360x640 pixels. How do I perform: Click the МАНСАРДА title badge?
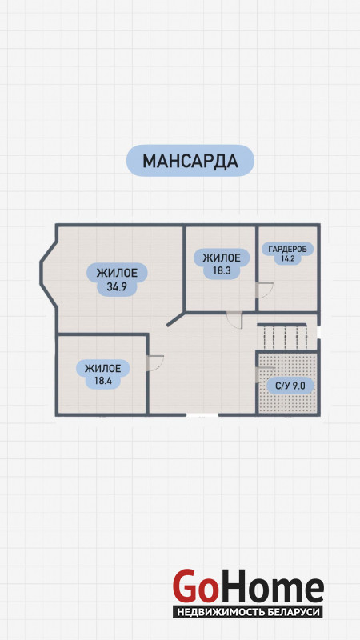[x=190, y=161]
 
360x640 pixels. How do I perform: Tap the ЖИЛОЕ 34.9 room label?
[x=117, y=279]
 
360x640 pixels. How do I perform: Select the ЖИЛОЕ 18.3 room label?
[x=222, y=264]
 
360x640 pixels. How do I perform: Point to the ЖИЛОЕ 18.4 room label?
[x=103, y=374]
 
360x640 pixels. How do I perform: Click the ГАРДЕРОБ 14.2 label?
[x=285, y=253]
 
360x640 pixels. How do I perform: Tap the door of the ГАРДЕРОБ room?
[x=265, y=290]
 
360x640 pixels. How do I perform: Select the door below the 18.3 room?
[x=234, y=319]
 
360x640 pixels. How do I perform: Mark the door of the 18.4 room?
[x=154, y=363]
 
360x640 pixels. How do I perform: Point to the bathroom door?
[x=264, y=374]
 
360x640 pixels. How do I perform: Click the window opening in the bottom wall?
[x=202, y=414]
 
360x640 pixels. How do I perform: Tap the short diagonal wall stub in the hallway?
[x=176, y=319]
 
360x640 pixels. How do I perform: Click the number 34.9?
[x=117, y=286]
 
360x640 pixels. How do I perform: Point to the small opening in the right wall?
[x=318, y=331]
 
